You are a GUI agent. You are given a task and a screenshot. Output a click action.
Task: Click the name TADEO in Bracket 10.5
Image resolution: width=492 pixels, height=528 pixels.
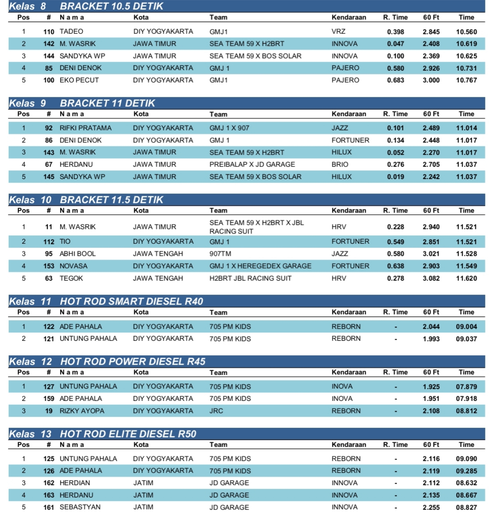[71, 31]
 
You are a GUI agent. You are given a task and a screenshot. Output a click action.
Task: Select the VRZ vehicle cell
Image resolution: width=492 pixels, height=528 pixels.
[339, 31]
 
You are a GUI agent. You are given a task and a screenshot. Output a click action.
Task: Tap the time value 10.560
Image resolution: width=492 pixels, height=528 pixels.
[466, 32]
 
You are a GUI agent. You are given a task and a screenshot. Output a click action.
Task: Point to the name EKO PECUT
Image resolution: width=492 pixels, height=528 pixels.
[79, 80]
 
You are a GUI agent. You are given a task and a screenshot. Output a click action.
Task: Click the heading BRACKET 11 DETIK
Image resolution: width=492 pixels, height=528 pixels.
[107, 103]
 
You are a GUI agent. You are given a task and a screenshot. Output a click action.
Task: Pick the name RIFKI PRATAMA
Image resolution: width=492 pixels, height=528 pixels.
[85, 128]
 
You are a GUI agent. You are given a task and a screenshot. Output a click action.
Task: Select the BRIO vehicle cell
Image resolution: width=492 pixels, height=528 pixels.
[340, 164]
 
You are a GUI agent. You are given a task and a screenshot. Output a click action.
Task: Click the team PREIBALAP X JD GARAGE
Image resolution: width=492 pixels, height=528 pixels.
[252, 164]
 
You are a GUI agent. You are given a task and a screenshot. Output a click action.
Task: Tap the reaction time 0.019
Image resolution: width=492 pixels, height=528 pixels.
[395, 177]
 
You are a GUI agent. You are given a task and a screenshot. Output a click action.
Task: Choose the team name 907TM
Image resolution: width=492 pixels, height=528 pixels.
[220, 254]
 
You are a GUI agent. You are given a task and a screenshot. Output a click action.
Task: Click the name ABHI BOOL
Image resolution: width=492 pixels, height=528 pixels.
[78, 254]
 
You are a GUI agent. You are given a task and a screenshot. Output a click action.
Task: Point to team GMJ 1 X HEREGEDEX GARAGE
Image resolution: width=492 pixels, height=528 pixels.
[260, 266]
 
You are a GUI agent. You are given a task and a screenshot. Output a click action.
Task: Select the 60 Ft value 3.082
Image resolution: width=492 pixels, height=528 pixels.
[431, 278]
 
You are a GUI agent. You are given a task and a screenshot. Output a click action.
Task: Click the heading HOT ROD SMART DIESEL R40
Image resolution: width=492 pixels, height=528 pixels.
[132, 301]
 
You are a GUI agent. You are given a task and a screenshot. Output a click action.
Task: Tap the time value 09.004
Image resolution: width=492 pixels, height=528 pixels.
[466, 327]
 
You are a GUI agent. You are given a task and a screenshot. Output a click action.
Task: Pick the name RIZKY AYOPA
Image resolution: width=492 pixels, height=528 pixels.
[82, 411]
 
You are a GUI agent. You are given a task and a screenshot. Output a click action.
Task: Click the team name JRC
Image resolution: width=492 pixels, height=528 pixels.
[216, 411]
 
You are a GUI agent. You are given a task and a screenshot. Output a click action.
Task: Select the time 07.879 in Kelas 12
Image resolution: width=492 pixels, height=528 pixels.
[466, 387]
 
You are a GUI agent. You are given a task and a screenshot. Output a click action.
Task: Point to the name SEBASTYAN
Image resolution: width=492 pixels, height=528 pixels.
[80, 507]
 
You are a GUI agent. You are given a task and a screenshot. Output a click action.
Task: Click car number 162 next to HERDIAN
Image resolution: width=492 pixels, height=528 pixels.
[49, 483]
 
